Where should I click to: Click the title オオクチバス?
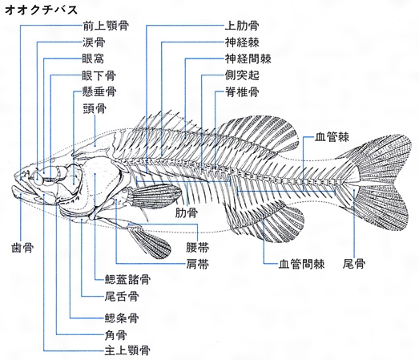click(42, 10)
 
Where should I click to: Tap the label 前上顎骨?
click(106, 26)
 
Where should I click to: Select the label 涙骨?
click(94, 42)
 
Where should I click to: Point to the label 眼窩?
click(93, 59)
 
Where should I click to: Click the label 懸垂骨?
click(99, 91)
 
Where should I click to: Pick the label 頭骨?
click(95, 108)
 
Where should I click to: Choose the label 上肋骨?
click(242, 26)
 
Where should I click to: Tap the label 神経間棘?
click(248, 59)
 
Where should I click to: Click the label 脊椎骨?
click(242, 91)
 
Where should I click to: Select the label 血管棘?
click(332, 137)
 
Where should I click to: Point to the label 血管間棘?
click(302, 264)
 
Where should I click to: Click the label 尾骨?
click(354, 264)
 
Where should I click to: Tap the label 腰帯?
click(198, 248)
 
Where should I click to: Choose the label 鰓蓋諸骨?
click(127, 280)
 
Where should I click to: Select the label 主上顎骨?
click(127, 350)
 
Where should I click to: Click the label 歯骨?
click(22, 248)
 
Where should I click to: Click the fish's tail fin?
click(380, 182)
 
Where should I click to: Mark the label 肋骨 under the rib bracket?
click(187, 213)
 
